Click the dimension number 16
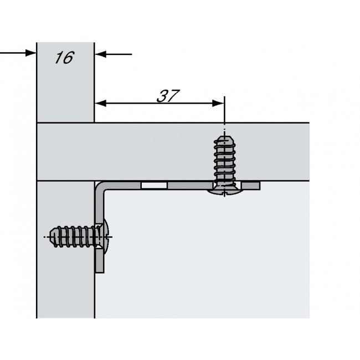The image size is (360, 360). pos(64,58)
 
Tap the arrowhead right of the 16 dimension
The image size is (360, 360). pos(100,54)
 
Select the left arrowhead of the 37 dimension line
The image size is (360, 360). pos(100,102)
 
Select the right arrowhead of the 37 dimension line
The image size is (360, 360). pos(220,102)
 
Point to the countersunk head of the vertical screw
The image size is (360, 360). pos(224,190)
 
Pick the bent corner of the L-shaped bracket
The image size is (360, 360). pos(100,186)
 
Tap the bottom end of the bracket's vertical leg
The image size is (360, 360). pos(100,270)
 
